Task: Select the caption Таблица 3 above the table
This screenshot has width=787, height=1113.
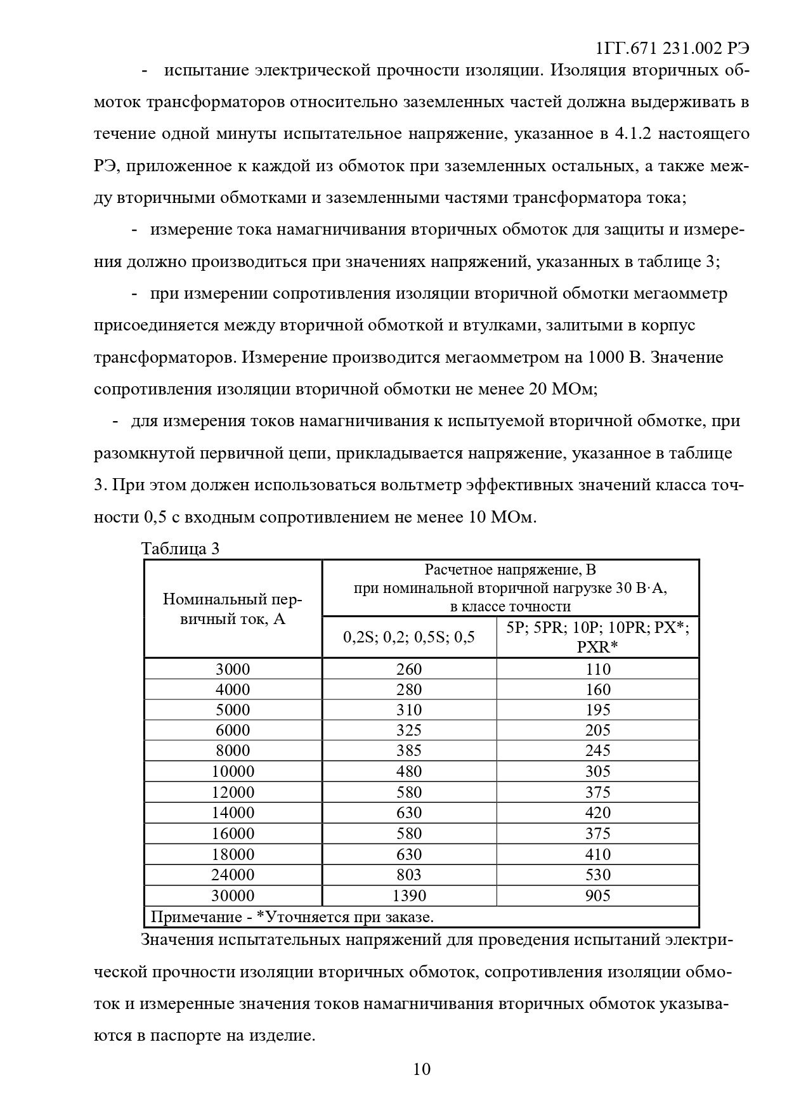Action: (x=180, y=549)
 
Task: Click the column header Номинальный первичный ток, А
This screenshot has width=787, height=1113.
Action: (x=233, y=609)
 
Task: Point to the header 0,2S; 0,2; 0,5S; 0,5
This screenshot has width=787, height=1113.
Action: (x=409, y=637)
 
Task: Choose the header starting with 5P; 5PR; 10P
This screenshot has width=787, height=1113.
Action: (x=597, y=637)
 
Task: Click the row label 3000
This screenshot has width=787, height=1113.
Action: (x=233, y=669)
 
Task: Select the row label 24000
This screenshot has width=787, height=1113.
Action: (x=233, y=875)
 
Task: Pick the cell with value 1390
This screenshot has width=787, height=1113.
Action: (x=409, y=895)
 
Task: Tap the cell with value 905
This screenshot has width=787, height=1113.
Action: (x=597, y=895)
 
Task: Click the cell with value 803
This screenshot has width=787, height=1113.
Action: (x=409, y=875)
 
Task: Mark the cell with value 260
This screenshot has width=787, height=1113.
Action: (x=409, y=669)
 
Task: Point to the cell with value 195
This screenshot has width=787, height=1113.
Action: (x=597, y=710)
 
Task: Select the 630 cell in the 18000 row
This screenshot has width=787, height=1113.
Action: (x=409, y=854)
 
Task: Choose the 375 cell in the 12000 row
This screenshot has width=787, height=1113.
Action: (x=597, y=792)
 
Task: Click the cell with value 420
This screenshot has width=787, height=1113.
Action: (x=597, y=812)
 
